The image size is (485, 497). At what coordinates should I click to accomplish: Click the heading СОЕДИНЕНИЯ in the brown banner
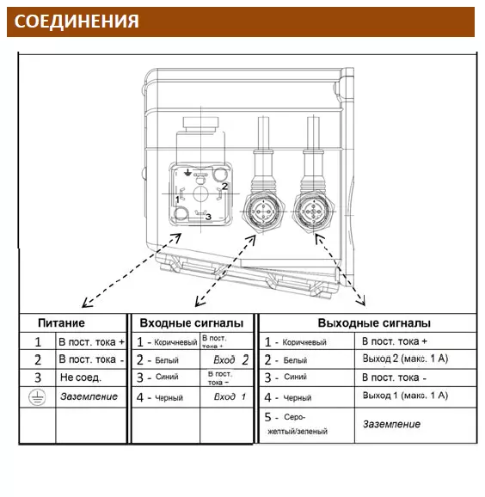coord(77,21)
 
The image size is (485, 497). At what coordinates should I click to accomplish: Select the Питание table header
coord(61,323)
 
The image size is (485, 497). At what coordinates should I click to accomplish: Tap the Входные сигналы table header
coord(192,323)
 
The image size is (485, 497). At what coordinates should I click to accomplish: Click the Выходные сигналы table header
coord(374,323)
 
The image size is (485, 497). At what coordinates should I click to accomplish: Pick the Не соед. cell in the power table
coord(81,377)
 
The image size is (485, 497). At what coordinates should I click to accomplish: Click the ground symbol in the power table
coord(37,397)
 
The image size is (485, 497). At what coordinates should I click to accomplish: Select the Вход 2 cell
coord(230,360)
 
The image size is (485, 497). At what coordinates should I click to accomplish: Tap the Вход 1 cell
coord(230,397)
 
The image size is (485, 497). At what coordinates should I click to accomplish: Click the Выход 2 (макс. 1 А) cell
coord(405,359)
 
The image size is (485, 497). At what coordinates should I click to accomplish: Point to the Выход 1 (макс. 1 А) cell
coord(405,396)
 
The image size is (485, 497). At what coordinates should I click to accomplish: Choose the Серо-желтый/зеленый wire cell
coord(296,424)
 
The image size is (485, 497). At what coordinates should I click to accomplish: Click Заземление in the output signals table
coord(391,424)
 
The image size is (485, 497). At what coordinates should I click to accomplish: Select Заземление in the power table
coord(89,396)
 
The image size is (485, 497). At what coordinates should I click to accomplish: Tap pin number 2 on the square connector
coord(224,186)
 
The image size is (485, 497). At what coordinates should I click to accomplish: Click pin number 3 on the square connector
coord(208,217)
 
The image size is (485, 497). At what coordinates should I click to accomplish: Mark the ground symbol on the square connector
coord(188,173)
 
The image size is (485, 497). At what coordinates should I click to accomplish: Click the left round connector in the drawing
coord(263,212)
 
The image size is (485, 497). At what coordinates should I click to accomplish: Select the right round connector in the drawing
coord(314,212)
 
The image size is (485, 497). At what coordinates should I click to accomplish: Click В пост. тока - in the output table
coord(395,377)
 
